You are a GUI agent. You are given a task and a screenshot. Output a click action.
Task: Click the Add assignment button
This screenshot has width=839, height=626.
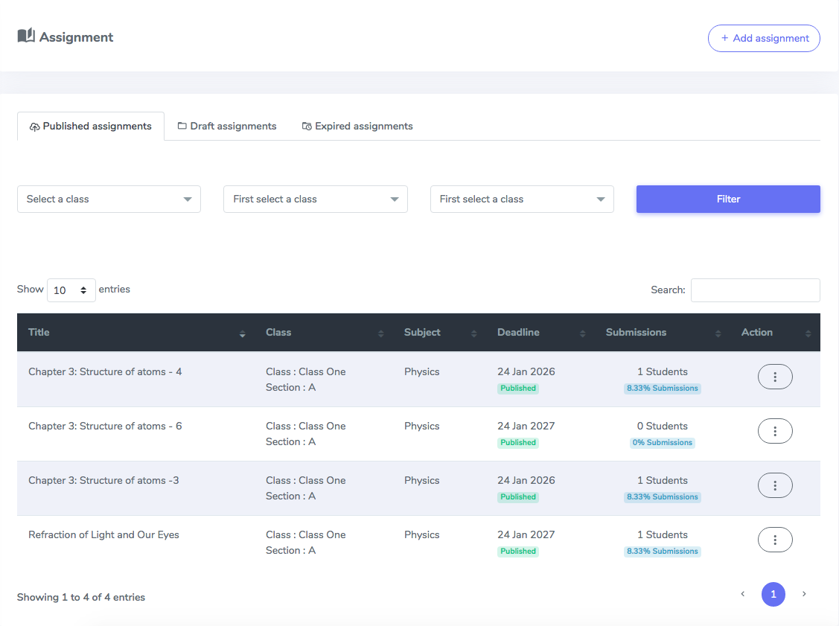point(764,38)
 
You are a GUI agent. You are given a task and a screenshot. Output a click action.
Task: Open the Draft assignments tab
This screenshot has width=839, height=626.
point(227,127)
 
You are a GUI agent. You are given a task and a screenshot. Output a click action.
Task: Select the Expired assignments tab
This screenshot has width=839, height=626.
point(357,127)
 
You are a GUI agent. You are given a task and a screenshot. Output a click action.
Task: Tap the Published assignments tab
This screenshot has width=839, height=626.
point(90,127)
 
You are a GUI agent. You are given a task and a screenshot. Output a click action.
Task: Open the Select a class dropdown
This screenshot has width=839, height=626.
point(109,199)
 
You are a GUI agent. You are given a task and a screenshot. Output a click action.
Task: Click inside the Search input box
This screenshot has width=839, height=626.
point(755,290)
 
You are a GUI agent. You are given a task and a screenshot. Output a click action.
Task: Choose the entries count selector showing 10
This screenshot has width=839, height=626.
point(71,290)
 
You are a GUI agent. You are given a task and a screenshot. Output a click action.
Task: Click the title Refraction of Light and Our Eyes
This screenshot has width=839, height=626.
point(103,534)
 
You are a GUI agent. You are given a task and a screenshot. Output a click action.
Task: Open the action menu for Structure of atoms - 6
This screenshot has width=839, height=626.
point(775,431)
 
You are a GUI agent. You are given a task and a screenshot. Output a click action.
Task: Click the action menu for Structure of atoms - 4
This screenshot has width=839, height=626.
point(775,377)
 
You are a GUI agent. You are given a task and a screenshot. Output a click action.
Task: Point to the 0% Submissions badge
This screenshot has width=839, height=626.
point(663,442)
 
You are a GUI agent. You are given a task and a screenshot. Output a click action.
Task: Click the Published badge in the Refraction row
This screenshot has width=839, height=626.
point(518,551)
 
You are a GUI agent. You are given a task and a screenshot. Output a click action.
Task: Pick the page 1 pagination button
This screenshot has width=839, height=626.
point(773,595)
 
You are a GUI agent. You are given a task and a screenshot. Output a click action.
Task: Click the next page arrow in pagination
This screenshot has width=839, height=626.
point(804,594)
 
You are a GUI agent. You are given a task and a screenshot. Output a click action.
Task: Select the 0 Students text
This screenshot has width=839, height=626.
point(663,426)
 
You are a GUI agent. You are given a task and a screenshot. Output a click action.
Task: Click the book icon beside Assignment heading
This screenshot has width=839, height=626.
point(26,35)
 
